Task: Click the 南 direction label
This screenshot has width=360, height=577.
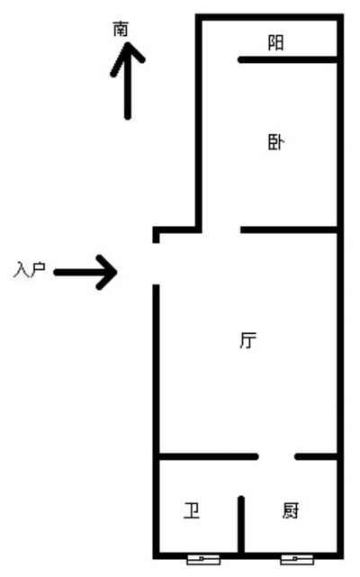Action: [x=121, y=29]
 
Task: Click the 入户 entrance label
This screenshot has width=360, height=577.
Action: [x=30, y=270]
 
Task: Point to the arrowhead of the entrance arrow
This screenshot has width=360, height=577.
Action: [x=107, y=273]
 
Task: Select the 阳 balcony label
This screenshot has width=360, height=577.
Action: [x=275, y=42]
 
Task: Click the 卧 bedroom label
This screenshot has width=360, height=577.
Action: [x=275, y=142]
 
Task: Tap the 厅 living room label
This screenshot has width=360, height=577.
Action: [x=248, y=340]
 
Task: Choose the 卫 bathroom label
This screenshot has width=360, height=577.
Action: [x=192, y=510]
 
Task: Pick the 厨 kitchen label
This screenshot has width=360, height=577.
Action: [x=291, y=510]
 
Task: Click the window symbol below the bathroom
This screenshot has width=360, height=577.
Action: [x=203, y=559]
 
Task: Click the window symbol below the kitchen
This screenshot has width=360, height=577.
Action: [x=297, y=559]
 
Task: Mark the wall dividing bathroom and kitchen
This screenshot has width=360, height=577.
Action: [x=241, y=525]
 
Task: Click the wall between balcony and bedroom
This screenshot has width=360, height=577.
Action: [x=287, y=59]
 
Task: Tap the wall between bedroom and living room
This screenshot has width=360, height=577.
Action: [x=289, y=230]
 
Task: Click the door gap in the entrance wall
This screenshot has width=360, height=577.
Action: [x=157, y=264]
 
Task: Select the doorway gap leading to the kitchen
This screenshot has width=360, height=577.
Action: [x=276, y=456]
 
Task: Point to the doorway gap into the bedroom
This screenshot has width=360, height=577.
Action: [x=220, y=230]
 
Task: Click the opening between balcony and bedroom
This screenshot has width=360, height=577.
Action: [x=220, y=59]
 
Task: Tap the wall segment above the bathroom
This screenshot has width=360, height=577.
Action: [x=209, y=456]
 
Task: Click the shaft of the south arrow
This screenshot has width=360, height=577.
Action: [x=128, y=82]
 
